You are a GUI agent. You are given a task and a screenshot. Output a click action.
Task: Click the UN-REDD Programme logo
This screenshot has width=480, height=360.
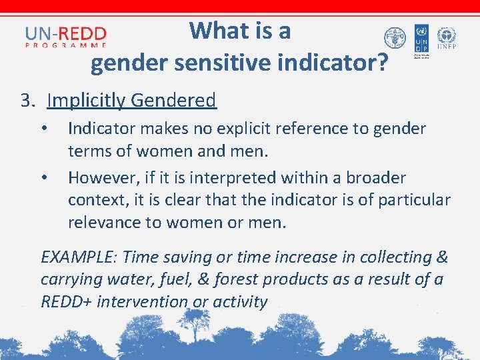tap(65, 36)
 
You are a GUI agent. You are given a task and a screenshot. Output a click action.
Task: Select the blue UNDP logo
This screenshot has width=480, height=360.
tap(421, 39)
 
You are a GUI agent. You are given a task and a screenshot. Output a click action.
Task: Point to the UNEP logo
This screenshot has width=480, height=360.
tap(447, 39)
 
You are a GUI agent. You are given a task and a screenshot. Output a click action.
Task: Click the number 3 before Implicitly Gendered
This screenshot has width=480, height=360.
tap(26, 101)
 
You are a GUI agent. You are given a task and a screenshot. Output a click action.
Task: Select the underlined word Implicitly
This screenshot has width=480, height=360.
tap(86, 101)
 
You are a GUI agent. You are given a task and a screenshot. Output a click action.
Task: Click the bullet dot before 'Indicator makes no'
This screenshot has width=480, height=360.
tap(44, 128)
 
